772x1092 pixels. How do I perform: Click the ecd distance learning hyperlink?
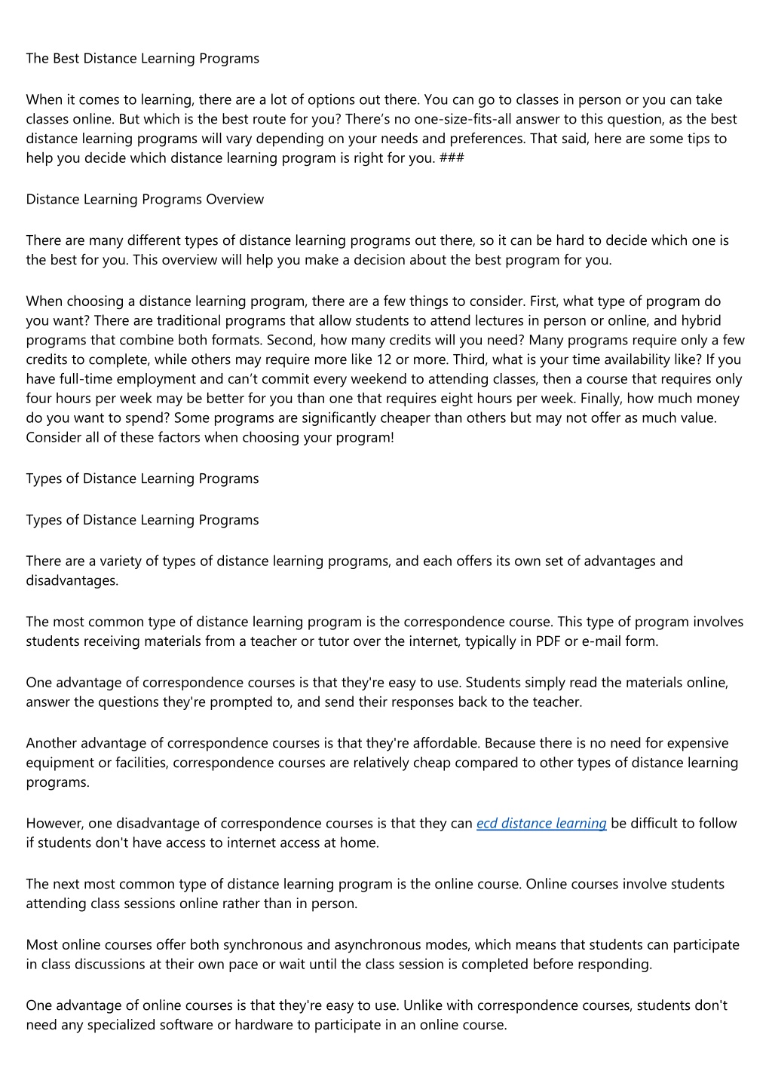pyautogui.click(x=541, y=823)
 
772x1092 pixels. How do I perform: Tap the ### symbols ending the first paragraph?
pyautogui.click(x=451, y=158)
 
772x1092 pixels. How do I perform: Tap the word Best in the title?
pyautogui.click(x=66, y=58)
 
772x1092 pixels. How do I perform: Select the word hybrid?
pyautogui.click(x=701, y=320)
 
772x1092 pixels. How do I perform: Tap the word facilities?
pyautogui.click(x=142, y=763)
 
